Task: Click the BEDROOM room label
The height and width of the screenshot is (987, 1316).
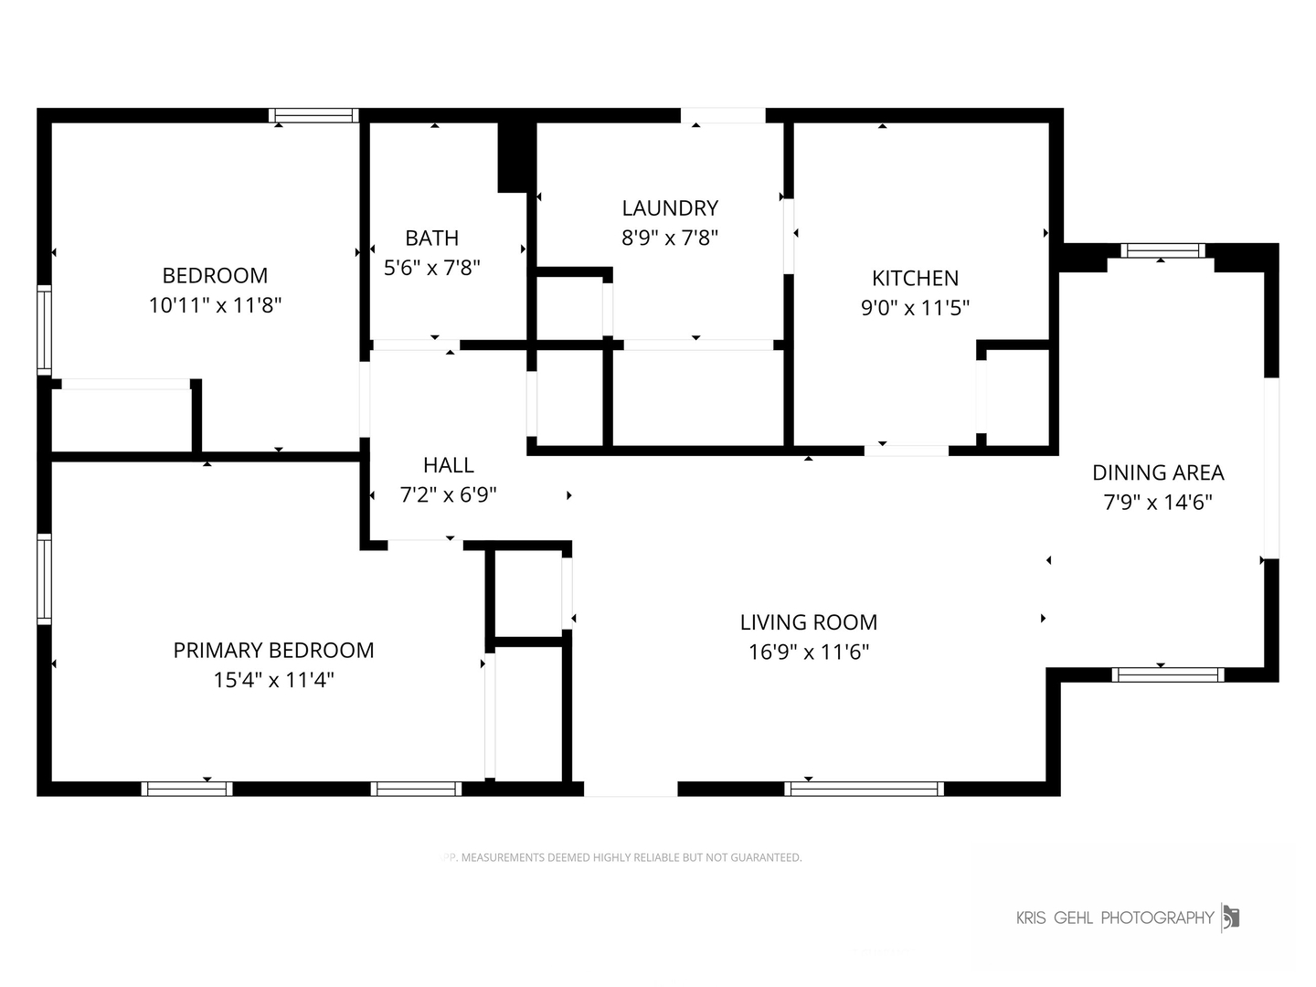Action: click(x=215, y=276)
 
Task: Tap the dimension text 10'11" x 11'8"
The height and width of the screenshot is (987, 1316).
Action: click(x=215, y=305)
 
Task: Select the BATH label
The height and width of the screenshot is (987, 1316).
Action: click(x=431, y=238)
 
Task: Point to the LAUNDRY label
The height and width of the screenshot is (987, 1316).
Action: click(x=670, y=208)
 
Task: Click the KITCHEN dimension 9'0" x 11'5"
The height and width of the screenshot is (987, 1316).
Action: click(x=915, y=308)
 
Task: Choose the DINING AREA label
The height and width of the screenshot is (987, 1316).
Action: click(x=1158, y=472)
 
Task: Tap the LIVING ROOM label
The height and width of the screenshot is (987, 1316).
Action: click(x=808, y=622)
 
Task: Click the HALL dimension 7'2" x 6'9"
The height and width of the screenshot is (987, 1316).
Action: click(x=449, y=495)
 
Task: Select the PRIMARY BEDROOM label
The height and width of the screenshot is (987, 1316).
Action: click(x=273, y=650)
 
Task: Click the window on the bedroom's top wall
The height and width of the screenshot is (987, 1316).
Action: click(x=313, y=116)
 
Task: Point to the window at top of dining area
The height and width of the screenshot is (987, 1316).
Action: click(x=1162, y=250)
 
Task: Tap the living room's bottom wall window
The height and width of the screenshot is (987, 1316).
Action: click(x=864, y=789)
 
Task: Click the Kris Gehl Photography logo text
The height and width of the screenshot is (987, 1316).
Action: click(x=1115, y=918)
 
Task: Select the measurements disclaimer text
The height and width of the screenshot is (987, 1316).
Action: click(x=621, y=857)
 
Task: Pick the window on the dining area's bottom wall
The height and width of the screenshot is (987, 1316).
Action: click(x=1168, y=674)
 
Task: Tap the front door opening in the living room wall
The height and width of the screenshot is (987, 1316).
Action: click(x=631, y=789)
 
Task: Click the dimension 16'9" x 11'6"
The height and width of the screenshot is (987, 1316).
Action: click(x=808, y=652)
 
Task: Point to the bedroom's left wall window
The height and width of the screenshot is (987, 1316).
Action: click(x=45, y=330)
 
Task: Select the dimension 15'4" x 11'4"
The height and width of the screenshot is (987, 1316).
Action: click(x=273, y=680)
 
